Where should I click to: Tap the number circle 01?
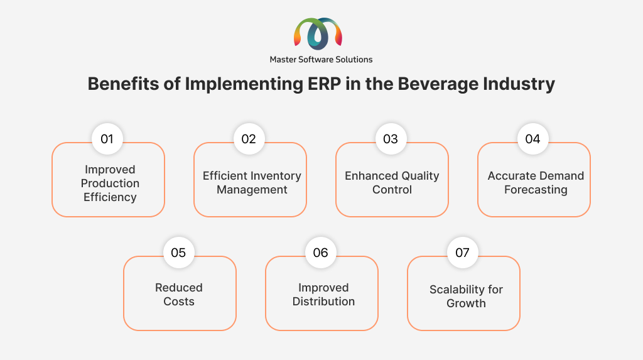(107, 139)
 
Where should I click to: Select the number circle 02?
(249, 139)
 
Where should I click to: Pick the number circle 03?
(391, 139)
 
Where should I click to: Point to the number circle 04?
(532, 139)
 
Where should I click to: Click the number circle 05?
(178, 253)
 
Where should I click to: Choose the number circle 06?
(321, 253)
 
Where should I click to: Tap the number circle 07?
(463, 253)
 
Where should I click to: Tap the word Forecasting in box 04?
(536, 190)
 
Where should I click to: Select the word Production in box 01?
(110, 183)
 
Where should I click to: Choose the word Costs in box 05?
(179, 302)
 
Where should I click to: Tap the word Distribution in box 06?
(323, 302)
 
